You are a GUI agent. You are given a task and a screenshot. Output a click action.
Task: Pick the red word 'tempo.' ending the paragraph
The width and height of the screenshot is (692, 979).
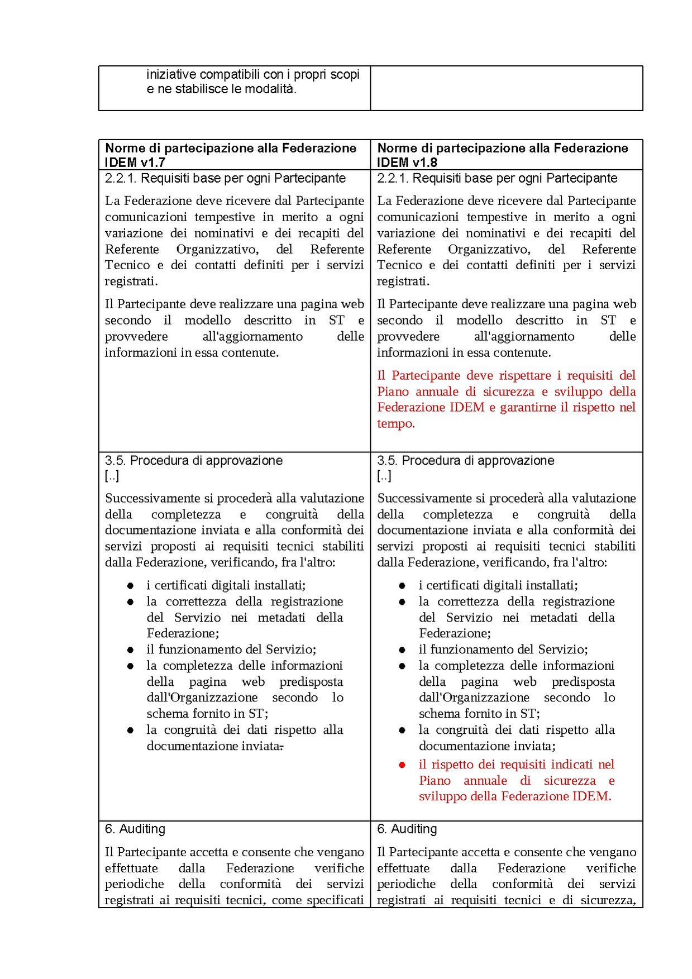pyautogui.click(x=396, y=423)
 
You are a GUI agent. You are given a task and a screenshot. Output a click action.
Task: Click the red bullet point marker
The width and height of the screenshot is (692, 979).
pyautogui.click(x=402, y=765)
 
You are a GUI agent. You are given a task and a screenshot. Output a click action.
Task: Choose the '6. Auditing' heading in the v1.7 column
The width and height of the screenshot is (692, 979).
pyautogui.click(x=135, y=829)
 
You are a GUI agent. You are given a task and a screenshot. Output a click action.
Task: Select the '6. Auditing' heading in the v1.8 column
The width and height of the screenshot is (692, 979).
pyautogui.click(x=407, y=829)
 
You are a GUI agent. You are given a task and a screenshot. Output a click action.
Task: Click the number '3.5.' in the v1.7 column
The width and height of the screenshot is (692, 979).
pyautogui.click(x=116, y=461)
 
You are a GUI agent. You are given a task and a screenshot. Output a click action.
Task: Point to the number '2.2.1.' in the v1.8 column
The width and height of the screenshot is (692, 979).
pyautogui.click(x=393, y=178)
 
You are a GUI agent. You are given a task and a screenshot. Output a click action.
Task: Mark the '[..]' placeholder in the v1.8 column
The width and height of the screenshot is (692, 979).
pyautogui.click(x=384, y=476)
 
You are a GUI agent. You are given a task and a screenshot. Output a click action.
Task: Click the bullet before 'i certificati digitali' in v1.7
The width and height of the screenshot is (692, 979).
pyautogui.click(x=130, y=586)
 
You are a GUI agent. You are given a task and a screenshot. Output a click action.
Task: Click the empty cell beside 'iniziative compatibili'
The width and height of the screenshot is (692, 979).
pyautogui.click(x=506, y=88)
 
